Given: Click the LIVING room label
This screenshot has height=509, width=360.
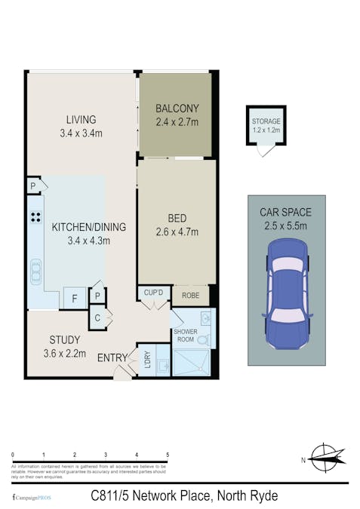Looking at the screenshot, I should coord(81,120).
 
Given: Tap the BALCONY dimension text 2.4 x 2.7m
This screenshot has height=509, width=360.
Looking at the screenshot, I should coord(177,121).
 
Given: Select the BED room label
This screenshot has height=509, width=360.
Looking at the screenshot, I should coord(177,219).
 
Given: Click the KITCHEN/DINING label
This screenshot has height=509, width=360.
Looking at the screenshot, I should coord(88,227).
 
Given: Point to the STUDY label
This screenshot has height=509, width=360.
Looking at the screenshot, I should coord(65,339).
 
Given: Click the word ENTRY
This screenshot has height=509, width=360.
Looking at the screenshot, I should coord(113,357).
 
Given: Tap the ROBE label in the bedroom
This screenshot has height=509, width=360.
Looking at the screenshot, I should coord(191,296).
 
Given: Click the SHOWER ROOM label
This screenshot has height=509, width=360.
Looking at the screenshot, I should coord(185,336).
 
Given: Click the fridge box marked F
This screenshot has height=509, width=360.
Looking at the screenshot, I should coord(74,299).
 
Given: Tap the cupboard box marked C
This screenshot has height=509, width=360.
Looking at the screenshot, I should coord(97,317).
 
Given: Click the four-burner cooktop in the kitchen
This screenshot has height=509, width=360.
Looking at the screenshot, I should coord(35,218).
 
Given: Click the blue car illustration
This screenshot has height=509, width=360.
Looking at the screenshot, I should coord(287,295).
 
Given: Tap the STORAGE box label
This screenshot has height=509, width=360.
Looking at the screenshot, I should coord(266,125).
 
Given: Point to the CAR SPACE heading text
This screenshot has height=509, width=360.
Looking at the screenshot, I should coord(287,213).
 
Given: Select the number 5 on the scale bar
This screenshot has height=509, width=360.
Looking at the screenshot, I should coord(168,455).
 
